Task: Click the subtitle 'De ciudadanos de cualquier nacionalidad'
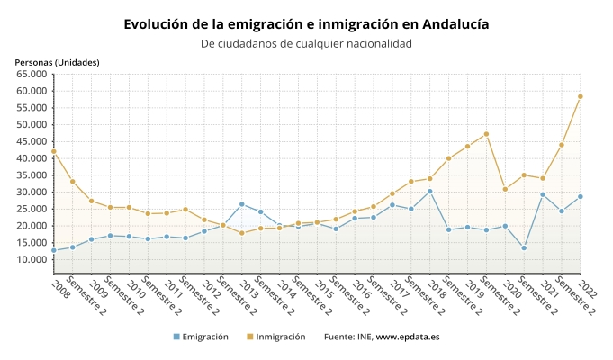pyautogui.click(x=306, y=43)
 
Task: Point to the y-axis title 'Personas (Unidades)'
pyautogui.click(x=57, y=62)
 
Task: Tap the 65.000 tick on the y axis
pyautogui.click(x=32, y=74)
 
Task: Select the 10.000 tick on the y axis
pyautogui.click(x=32, y=260)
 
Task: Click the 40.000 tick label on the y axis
pyautogui.click(x=32, y=158)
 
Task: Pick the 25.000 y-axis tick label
pyautogui.click(x=32, y=210)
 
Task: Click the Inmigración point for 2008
pyautogui.click(x=54, y=151)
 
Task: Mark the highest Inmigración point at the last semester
pyautogui.click(x=581, y=96)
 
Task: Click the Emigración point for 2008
pyautogui.click(x=54, y=250)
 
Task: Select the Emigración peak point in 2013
pyautogui.click(x=242, y=204)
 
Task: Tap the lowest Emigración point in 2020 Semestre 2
pyautogui.click(x=524, y=248)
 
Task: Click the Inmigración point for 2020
pyautogui.click(x=505, y=189)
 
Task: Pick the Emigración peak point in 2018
pyautogui.click(x=430, y=191)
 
